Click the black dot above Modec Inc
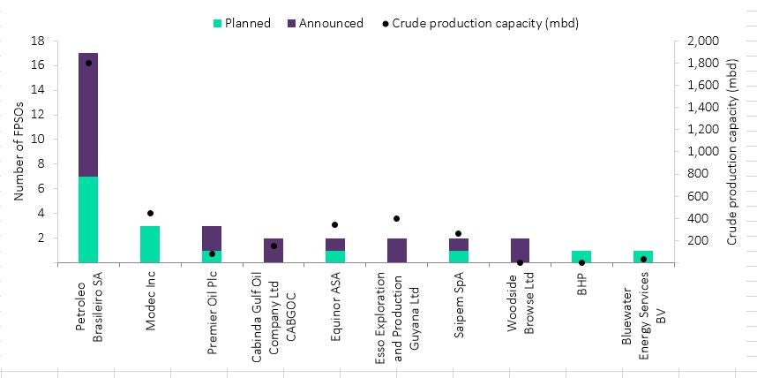click(150, 213)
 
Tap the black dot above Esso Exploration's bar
click(397, 218)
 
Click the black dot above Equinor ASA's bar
click(334, 225)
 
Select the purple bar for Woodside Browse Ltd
click(520, 250)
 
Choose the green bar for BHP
click(581, 256)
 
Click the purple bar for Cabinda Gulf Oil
click(274, 250)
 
